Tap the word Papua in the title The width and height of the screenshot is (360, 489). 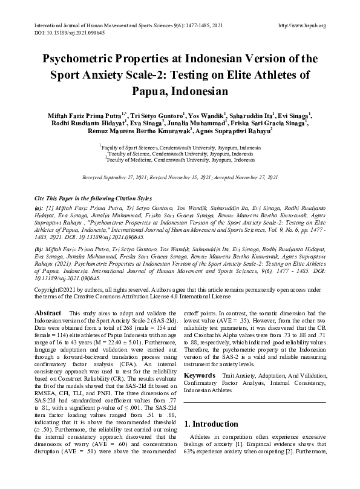[x=153, y=92]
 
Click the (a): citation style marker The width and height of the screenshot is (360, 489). [x=38, y=208]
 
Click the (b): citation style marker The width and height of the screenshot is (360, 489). [x=38, y=248]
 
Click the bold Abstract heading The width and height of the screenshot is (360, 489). [x=47, y=312]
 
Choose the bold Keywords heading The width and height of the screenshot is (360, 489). [x=203, y=376]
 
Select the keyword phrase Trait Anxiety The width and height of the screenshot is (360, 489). [x=243, y=376]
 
